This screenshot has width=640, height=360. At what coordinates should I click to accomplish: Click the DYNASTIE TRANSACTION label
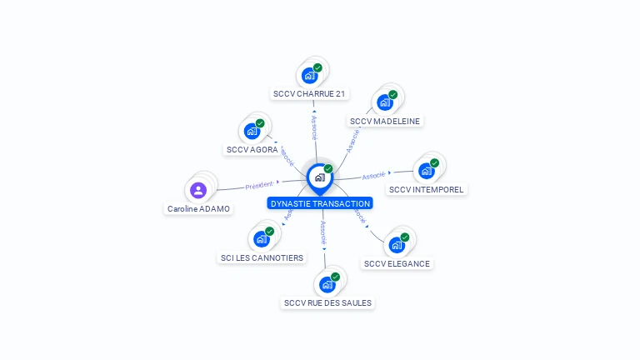pos(320,203)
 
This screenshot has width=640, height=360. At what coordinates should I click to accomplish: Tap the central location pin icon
pos(319,177)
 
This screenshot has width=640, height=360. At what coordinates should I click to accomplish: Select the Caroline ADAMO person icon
pos(198,191)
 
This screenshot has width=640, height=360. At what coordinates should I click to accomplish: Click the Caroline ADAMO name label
pos(198,209)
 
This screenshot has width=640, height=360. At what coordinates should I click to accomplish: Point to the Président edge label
pos(260,185)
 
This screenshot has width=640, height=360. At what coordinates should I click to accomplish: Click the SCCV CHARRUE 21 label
pos(309,94)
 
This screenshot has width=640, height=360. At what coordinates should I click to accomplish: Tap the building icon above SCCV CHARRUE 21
pos(310,75)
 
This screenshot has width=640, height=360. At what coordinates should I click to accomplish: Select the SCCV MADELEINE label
pos(385,121)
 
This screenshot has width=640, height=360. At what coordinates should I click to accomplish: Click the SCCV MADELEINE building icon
pos(385,102)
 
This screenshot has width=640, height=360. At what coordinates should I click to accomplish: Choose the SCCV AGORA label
pos(252,150)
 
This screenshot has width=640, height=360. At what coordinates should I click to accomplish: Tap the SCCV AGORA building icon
pos(252,131)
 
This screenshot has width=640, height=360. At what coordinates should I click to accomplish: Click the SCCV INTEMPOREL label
pos(427,189)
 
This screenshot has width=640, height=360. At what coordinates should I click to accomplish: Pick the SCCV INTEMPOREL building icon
pos(427,171)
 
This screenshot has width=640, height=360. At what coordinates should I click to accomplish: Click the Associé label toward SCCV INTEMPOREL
pos(374,176)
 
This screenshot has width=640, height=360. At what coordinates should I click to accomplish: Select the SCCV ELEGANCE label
pos(397,263)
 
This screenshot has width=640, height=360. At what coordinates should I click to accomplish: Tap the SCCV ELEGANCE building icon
pos(397,245)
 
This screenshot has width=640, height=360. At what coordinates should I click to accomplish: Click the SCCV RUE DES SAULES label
pos(327,302)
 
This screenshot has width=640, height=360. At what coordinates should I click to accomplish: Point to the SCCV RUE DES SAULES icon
pos(327,284)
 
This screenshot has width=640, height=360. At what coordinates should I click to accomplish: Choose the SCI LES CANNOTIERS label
pos(262,257)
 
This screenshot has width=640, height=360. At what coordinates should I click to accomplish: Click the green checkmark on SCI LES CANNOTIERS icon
pos(269,232)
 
